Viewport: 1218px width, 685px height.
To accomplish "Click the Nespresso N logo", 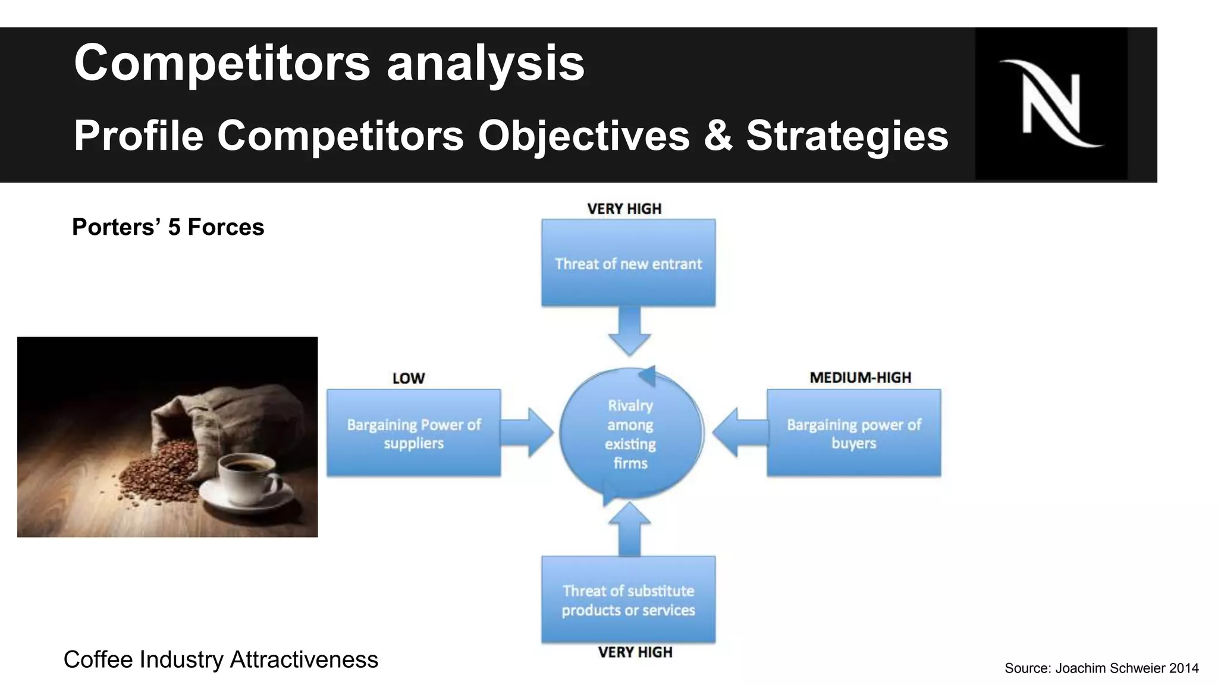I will [1051, 103].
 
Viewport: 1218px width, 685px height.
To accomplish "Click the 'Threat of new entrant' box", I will [628, 263].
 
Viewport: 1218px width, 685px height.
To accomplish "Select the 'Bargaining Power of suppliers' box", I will [413, 433].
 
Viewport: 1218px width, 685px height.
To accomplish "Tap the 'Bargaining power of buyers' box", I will [853, 433].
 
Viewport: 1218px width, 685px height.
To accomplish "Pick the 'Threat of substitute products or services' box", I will [628, 599].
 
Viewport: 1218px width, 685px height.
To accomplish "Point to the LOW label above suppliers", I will [409, 378].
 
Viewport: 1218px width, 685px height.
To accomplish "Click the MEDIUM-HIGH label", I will [860, 378].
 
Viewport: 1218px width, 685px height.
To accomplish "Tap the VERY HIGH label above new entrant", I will [624, 209].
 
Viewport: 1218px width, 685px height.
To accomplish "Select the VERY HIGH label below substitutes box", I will [635, 652].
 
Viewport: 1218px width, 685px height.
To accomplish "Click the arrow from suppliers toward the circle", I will [527, 432].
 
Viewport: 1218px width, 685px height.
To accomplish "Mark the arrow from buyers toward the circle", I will [739, 432].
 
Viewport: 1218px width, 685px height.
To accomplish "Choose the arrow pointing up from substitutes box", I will [629, 529].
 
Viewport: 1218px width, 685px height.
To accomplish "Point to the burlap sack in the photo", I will [196, 416].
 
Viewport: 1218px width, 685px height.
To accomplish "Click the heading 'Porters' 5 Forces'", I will [168, 227].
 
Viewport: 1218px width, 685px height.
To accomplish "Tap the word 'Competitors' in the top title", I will [222, 63].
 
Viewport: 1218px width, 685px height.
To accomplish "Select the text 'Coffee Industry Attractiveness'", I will [221, 659].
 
